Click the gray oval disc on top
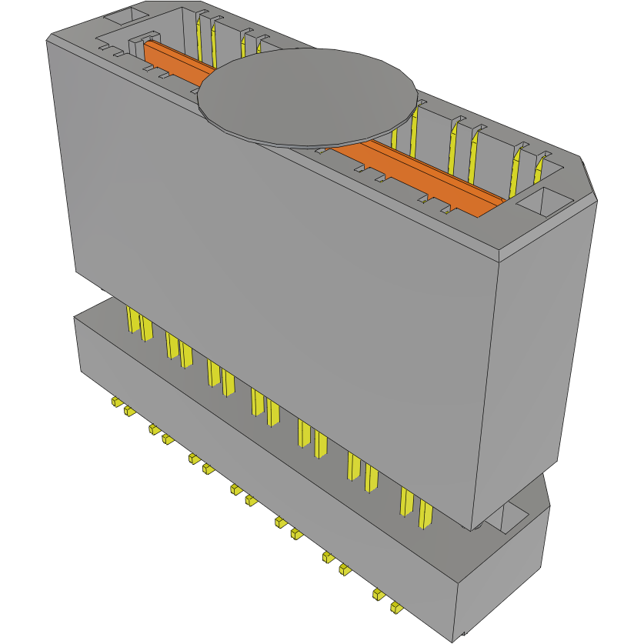[308, 96]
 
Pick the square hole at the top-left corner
[124, 15]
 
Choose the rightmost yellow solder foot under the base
[396, 608]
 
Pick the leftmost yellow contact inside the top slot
[203, 38]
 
